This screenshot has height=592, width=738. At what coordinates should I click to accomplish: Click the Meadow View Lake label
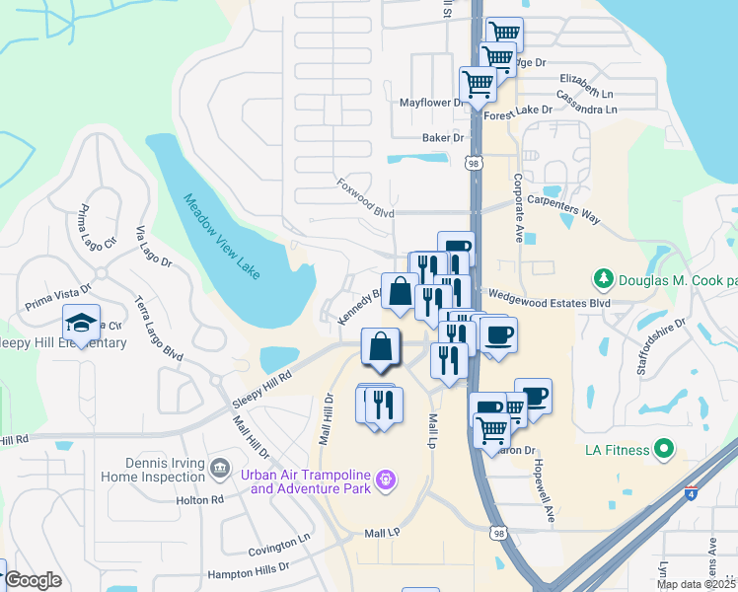[221, 236]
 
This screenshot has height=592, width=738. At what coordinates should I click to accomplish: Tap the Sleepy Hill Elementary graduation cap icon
[81, 322]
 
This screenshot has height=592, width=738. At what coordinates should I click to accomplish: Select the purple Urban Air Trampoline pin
[385, 480]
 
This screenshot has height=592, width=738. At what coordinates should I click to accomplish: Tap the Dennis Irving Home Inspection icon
[219, 466]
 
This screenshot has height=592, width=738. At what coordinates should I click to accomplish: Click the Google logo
[34, 580]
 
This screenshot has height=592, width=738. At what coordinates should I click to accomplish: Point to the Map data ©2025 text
[697, 584]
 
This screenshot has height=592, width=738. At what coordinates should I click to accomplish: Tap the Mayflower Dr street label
[431, 103]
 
